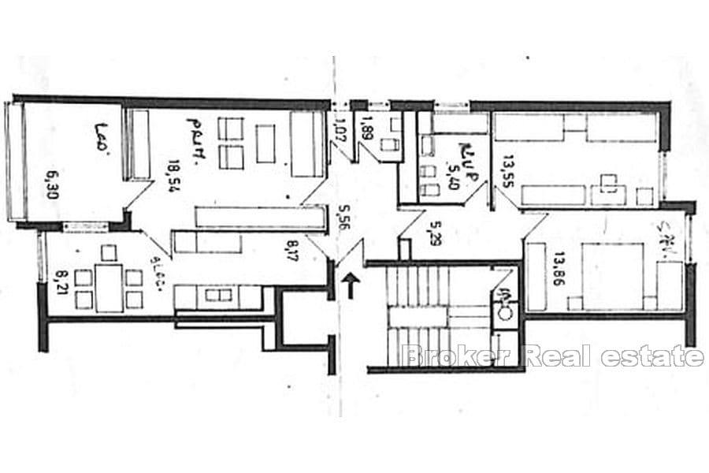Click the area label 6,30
tap(54, 183)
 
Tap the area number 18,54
tap(171, 173)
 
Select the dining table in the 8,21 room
tap(110, 288)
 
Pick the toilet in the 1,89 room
tap(388, 145)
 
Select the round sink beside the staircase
tap(503, 310)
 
